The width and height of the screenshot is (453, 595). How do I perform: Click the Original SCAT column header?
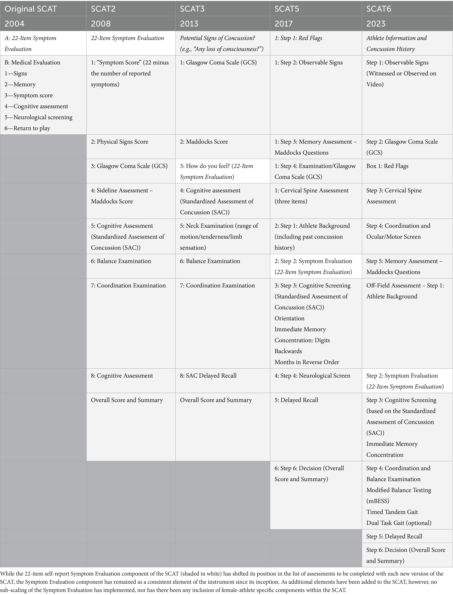point(30,9)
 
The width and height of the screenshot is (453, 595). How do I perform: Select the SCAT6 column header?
point(379,9)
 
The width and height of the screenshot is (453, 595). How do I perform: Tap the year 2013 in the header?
point(189,24)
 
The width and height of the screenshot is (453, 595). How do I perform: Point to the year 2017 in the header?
point(283,24)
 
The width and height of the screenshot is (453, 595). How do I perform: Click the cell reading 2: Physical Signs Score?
point(119,142)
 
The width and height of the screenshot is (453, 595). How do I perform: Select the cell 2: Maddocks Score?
point(204,142)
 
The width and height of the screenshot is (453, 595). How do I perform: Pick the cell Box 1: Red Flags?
point(387,166)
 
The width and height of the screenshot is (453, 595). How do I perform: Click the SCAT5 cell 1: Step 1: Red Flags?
point(298,38)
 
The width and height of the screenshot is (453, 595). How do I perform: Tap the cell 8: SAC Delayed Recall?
point(208,375)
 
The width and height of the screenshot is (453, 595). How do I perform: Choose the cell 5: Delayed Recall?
point(296,400)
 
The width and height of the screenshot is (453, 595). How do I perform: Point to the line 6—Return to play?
point(27,128)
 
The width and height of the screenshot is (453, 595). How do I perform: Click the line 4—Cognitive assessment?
point(36,106)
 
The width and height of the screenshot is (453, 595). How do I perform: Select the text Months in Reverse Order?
point(307,362)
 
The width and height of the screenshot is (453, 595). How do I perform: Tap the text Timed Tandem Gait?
point(392,512)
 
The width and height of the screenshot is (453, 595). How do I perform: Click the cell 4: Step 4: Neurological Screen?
point(312,375)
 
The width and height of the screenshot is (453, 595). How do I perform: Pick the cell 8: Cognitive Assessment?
point(122,375)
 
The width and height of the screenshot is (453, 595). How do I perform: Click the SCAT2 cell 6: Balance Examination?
point(121,261)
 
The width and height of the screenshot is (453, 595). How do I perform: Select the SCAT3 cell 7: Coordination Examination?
point(217,285)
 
